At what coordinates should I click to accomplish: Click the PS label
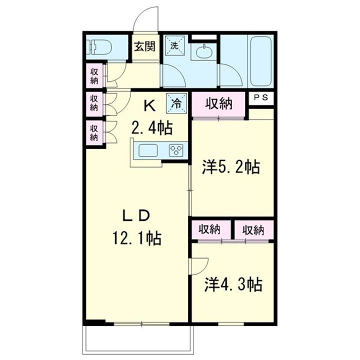[261, 98]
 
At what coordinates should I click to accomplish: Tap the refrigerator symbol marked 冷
[176, 103]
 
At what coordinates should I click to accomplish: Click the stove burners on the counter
[176, 150]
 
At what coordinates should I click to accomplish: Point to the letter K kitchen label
[149, 106]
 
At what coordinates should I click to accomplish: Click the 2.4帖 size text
[151, 128]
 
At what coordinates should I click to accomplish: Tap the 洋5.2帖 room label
[230, 167]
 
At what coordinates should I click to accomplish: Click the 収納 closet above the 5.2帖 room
[219, 104]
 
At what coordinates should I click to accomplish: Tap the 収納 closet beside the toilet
[94, 75]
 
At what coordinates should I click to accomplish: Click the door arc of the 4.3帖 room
[199, 265]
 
